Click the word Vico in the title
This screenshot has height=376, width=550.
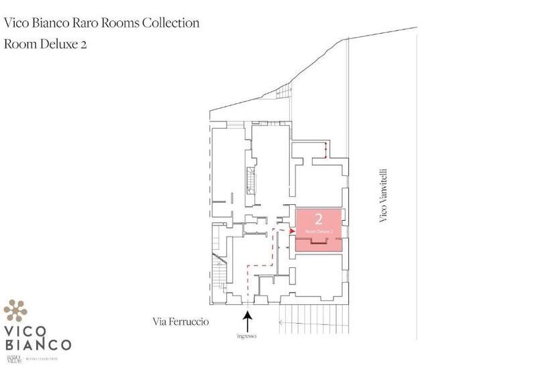tap(16, 23)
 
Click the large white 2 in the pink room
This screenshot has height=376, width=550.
tap(319, 219)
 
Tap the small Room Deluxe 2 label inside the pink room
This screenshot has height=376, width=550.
tap(319, 231)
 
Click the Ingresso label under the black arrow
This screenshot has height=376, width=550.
tap(248, 336)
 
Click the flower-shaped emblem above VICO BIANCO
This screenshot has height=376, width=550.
tap(15, 310)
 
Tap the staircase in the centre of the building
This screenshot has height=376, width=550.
tap(251, 180)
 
